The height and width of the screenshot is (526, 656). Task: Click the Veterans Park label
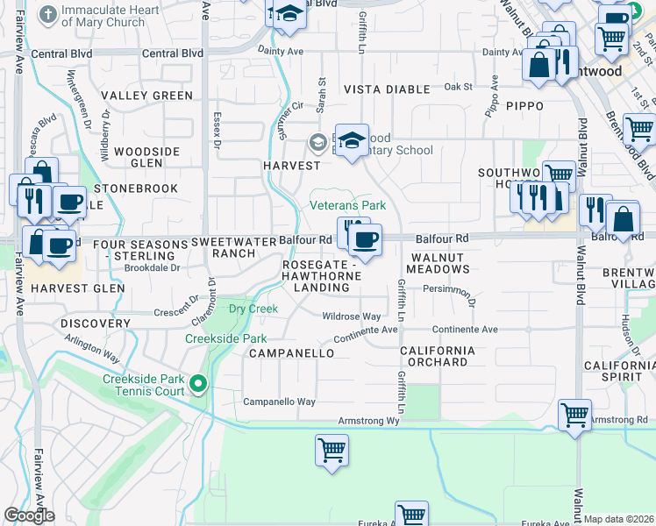click(x=348, y=205)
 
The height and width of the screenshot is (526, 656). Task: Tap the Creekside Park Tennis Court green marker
click(x=198, y=383)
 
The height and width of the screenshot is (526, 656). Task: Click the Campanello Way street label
click(x=279, y=402)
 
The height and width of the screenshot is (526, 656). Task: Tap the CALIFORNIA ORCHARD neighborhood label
click(x=438, y=356)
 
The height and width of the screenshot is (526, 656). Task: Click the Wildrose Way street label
click(x=352, y=316)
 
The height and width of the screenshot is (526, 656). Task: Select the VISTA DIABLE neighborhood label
click(x=387, y=89)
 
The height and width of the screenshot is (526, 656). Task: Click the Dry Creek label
click(x=253, y=309)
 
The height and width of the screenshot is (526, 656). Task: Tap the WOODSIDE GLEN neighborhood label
click(x=146, y=157)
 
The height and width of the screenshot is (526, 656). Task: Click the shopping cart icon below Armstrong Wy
click(x=332, y=450)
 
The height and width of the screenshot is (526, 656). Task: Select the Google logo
click(x=29, y=515)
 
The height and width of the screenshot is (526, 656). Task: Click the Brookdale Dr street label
click(x=152, y=268)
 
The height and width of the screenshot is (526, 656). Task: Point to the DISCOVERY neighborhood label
click(x=96, y=323)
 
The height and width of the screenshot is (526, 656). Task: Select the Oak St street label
click(x=458, y=87)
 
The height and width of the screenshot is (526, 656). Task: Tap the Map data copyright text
click(x=619, y=519)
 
